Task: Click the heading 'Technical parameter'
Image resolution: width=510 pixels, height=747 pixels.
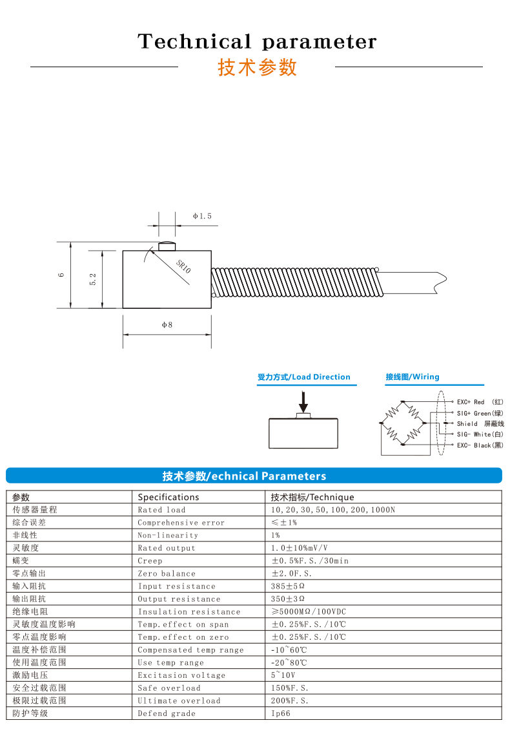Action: pyautogui.click(x=257, y=42)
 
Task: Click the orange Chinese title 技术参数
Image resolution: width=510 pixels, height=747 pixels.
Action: pyautogui.click(x=257, y=67)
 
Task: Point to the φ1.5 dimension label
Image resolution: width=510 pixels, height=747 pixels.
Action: pyautogui.click(x=202, y=216)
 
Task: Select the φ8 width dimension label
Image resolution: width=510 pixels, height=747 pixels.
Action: pyautogui.click(x=167, y=325)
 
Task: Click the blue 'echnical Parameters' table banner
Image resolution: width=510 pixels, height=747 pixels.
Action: pyautogui.click(x=254, y=476)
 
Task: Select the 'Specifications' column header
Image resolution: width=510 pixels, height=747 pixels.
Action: pyautogui.click(x=168, y=497)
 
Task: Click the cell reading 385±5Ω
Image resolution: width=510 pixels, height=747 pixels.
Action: pyautogui.click(x=288, y=586)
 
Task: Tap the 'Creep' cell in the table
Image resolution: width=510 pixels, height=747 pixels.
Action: pyautogui.click(x=150, y=561)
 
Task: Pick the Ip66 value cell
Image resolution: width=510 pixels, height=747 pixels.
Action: pyautogui.click(x=281, y=713)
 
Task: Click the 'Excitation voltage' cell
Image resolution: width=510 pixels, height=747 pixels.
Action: pyautogui.click(x=181, y=675)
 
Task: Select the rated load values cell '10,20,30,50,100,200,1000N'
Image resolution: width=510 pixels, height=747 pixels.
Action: pyautogui.click(x=333, y=510)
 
